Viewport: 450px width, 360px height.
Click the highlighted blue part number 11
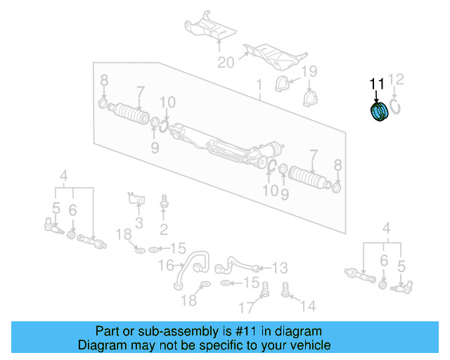coord(379,112)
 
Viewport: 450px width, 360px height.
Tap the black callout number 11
coord(378,84)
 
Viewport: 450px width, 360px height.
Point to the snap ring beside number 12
coord(396,106)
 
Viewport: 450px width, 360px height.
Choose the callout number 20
coord(226,63)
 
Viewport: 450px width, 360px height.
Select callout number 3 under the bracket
coord(139,224)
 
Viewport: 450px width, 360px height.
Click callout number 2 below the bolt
coord(164,229)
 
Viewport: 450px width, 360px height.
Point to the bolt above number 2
coord(164,202)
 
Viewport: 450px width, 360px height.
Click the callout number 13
coord(280,267)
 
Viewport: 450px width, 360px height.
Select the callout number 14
coord(307,306)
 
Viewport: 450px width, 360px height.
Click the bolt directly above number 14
coord(286,288)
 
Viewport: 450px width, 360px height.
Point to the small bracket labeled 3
coord(135,198)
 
